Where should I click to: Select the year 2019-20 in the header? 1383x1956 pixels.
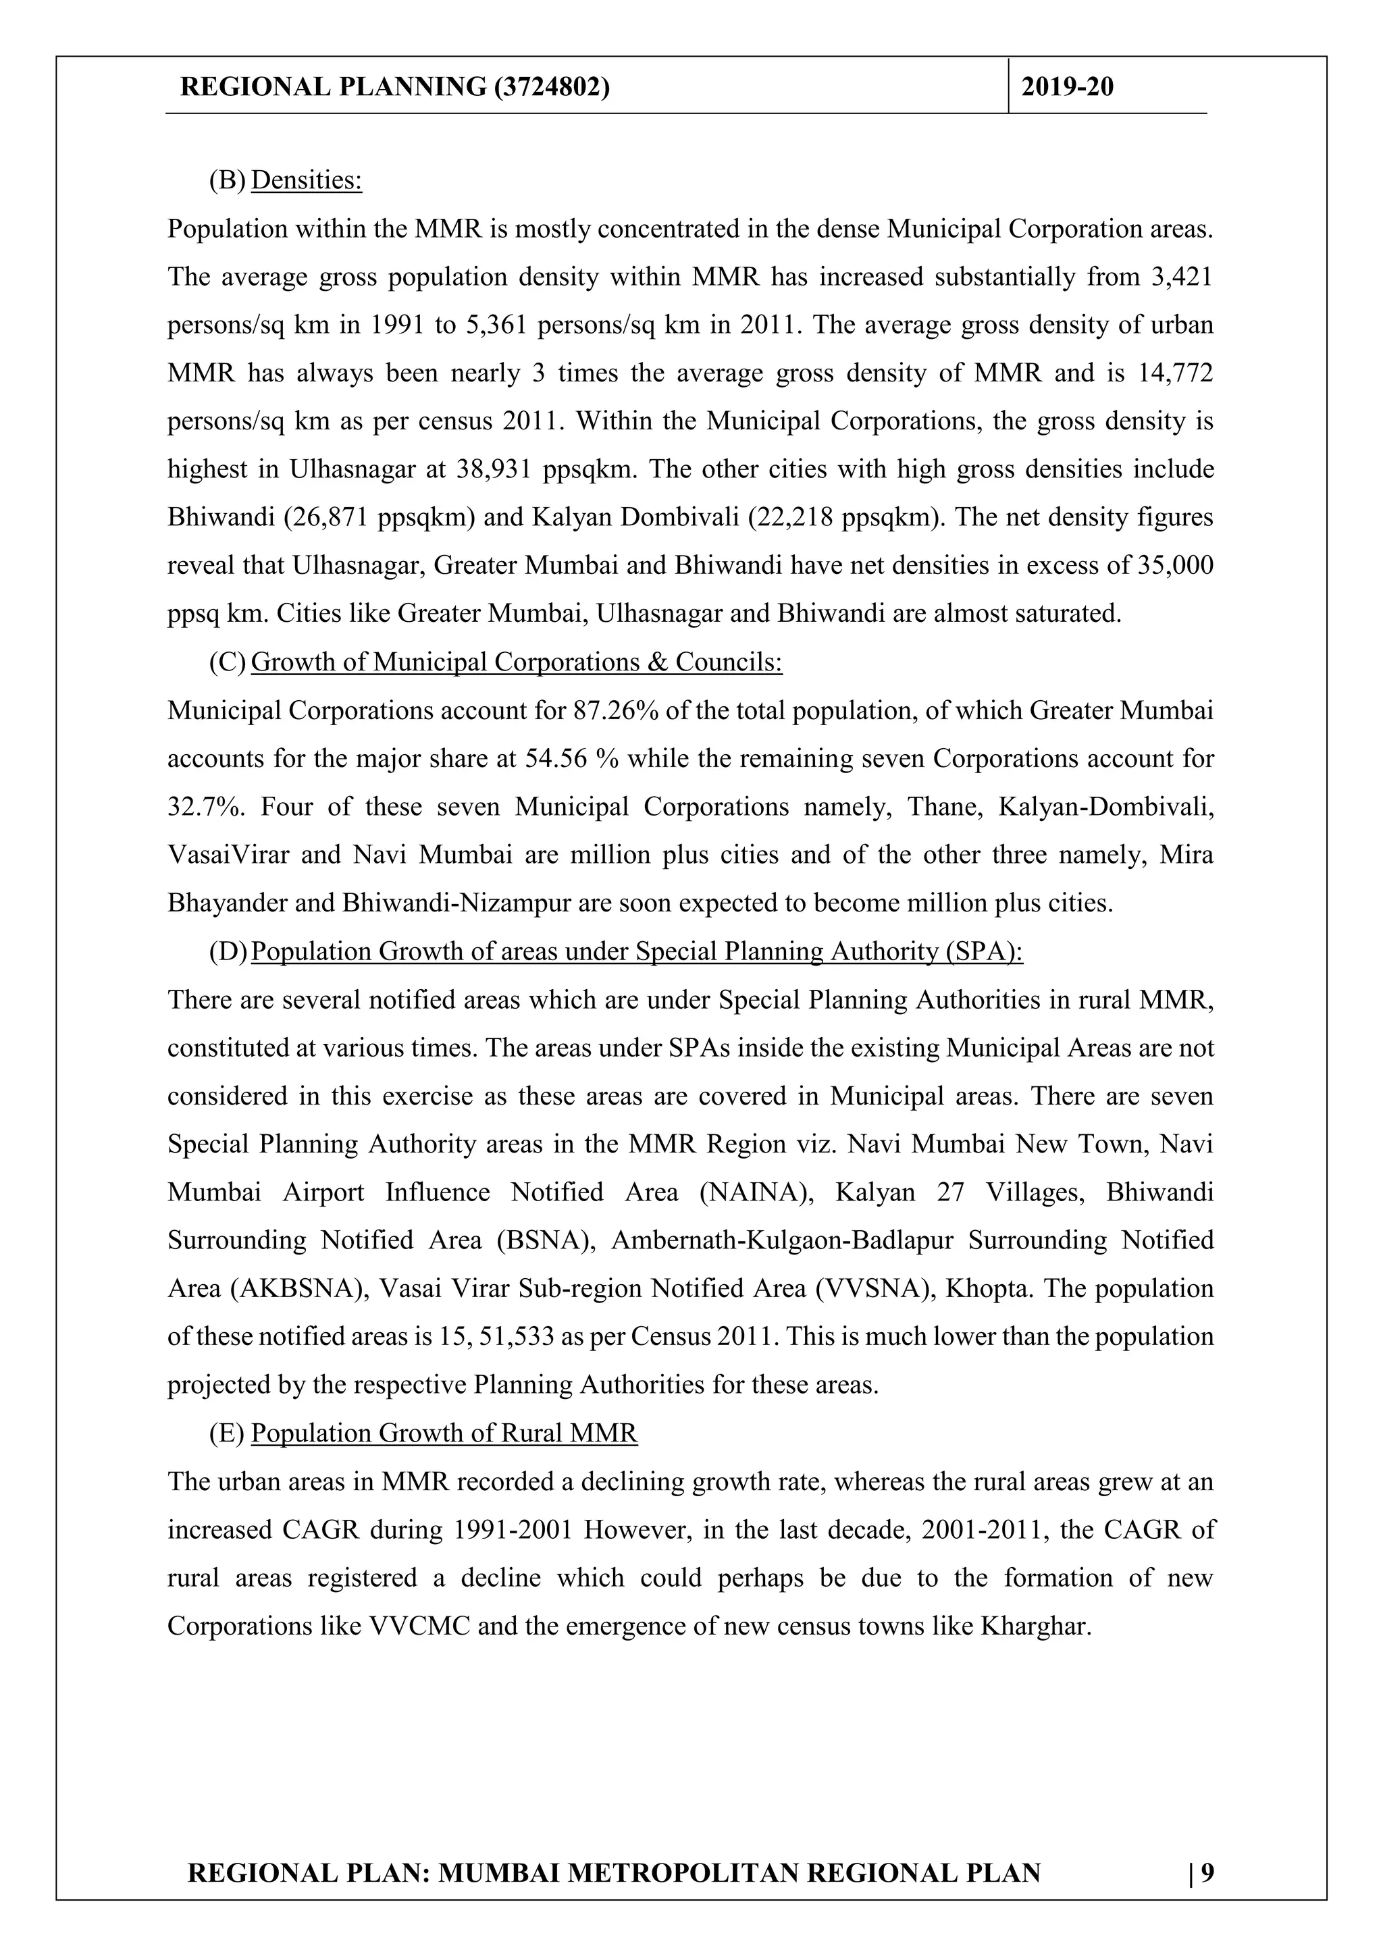pyautogui.click(x=1067, y=87)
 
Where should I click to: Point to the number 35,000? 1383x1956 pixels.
pyautogui.click(x=1175, y=566)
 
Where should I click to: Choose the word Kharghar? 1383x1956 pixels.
pyautogui.click(x=1035, y=1625)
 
